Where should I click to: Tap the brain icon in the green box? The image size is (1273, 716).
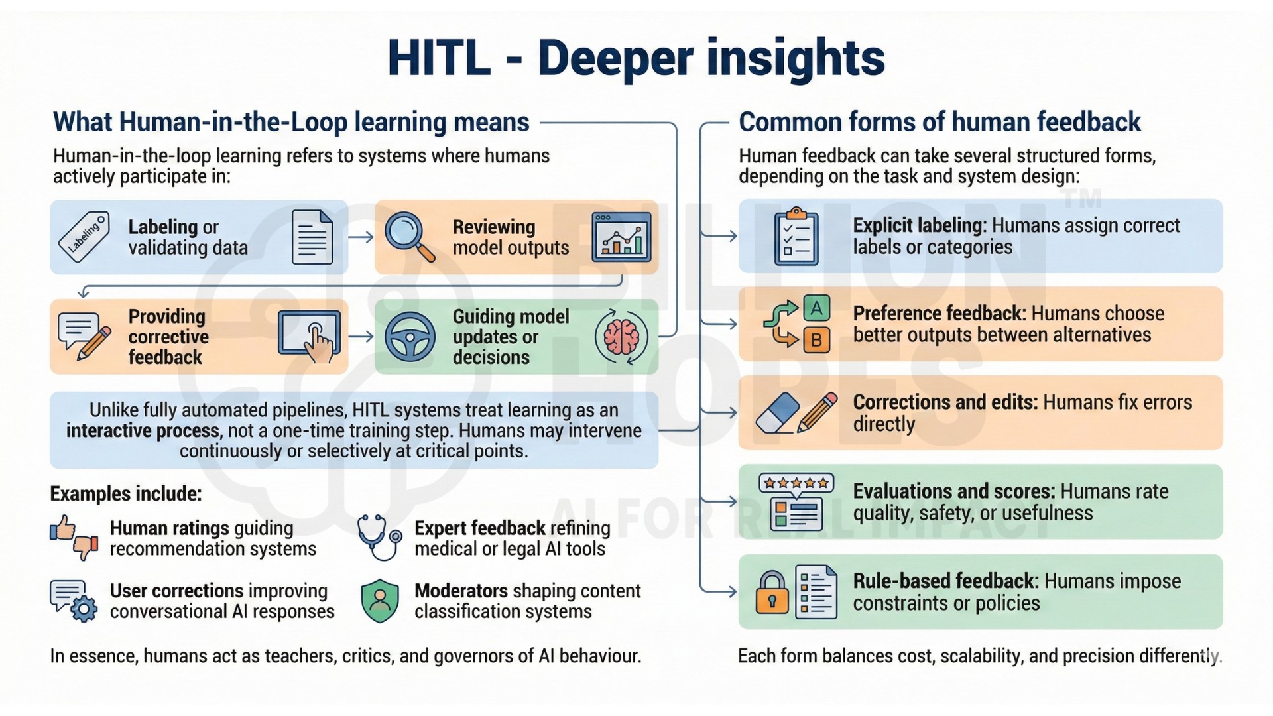tap(621, 337)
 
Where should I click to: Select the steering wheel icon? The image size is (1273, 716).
tap(410, 337)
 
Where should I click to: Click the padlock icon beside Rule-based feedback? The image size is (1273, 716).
tap(772, 592)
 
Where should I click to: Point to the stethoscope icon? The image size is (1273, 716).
tap(379, 538)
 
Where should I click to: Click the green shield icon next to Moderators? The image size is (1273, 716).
tap(380, 601)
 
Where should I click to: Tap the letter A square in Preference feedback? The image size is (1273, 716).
tap(817, 308)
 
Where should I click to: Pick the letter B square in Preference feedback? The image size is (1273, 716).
tap(817, 340)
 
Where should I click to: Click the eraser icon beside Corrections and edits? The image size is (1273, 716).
tap(778, 413)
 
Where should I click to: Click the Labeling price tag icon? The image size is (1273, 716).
tap(84, 237)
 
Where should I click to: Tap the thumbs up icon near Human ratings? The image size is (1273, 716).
tap(63, 528)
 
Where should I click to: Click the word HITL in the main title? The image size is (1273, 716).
tap(438, 58)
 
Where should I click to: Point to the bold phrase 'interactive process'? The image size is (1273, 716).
tap(143, 431)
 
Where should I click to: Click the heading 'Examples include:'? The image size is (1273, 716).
tap(126, 494)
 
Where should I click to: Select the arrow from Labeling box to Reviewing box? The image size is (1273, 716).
tap(361, 237)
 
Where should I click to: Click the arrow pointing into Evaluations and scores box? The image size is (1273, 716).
tap(719, 501)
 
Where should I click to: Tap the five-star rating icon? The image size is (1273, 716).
tap(796, 483)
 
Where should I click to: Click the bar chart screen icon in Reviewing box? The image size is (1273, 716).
tap(621, 237)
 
